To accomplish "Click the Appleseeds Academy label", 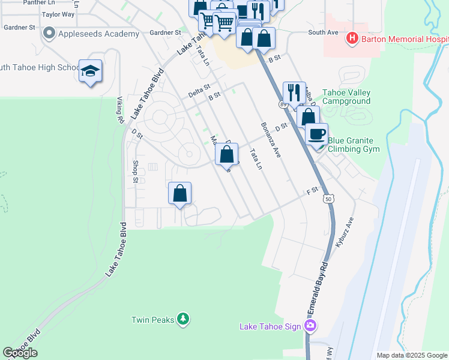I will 98,34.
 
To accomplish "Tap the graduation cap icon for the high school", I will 90,71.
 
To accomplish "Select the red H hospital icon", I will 352,39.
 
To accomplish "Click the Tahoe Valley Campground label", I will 346,97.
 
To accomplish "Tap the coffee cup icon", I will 316,134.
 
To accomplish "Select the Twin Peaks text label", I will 153,320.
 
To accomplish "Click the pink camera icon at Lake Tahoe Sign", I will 310,326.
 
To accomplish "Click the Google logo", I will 20,353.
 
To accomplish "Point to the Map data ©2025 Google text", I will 412,355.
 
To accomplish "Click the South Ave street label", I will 323,32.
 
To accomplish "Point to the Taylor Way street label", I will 58,14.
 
